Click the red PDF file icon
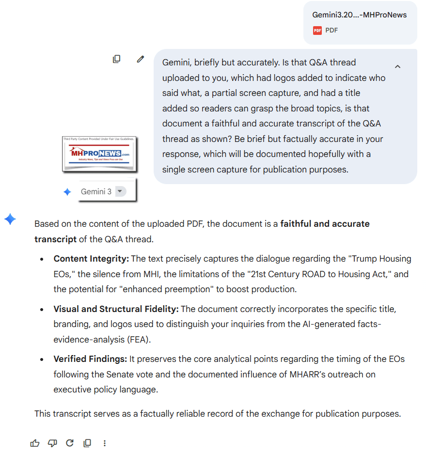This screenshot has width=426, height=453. (317, 31)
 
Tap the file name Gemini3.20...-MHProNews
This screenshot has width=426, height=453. (359, 15)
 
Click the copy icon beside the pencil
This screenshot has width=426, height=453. (116, 59)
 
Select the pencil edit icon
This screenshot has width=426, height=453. (141, 59)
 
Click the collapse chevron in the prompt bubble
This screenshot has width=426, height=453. (397, 66)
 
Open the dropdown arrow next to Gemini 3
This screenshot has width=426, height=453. (120, 191)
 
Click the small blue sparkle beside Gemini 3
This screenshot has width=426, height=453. (67, 192)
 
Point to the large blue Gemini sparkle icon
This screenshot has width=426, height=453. (10, 219)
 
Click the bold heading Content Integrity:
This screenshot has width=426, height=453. (91, 259)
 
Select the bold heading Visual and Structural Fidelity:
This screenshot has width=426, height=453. (116, 309)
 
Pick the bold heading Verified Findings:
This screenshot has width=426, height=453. (91, 359)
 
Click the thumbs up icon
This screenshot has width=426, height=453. (35, 443)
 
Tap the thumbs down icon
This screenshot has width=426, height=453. (52, 443)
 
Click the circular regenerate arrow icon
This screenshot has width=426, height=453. (70, 443)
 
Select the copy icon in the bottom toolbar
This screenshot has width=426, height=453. (87, 443)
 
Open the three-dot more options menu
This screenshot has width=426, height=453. (105, 443)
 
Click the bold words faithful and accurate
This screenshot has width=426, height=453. (325, 224)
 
